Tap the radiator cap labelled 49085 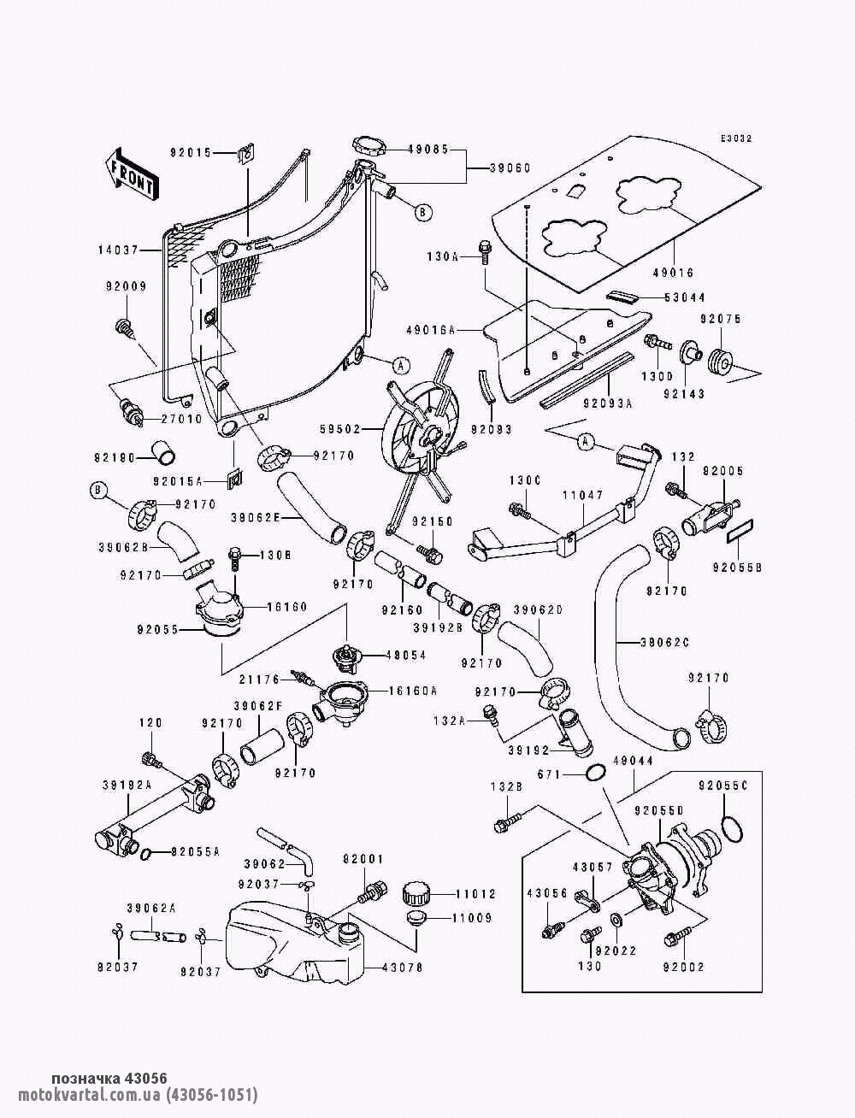pyautogui.click(x=369, y=146)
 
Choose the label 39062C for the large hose pyautogui.click(x=669, y=641)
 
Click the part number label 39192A pyautogui.click(x=127, y=784)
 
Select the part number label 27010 pyautogui.click(x=181, y=419)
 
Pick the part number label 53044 pyautogui.click(x=686, y=297)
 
